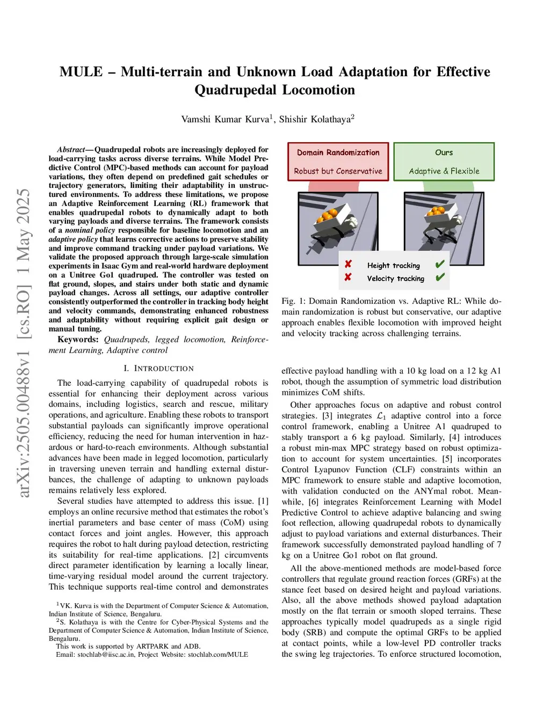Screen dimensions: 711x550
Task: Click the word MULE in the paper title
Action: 81,72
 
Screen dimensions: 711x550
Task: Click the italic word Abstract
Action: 71,150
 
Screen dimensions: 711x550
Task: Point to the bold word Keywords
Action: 78,340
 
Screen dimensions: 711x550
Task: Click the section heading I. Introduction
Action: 158,369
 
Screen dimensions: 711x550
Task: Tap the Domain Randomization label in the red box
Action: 338,152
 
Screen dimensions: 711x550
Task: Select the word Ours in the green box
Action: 444,152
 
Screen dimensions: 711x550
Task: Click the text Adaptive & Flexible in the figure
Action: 444,171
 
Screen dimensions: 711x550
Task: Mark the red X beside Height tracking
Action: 348,265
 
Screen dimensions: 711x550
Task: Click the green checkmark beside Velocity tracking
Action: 440,278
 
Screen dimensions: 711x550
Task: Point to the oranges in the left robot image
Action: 328,216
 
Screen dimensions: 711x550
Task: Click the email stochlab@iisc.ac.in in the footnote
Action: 106,655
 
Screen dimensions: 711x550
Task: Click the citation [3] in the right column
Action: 327,416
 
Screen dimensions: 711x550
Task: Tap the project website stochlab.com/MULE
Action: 218,655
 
